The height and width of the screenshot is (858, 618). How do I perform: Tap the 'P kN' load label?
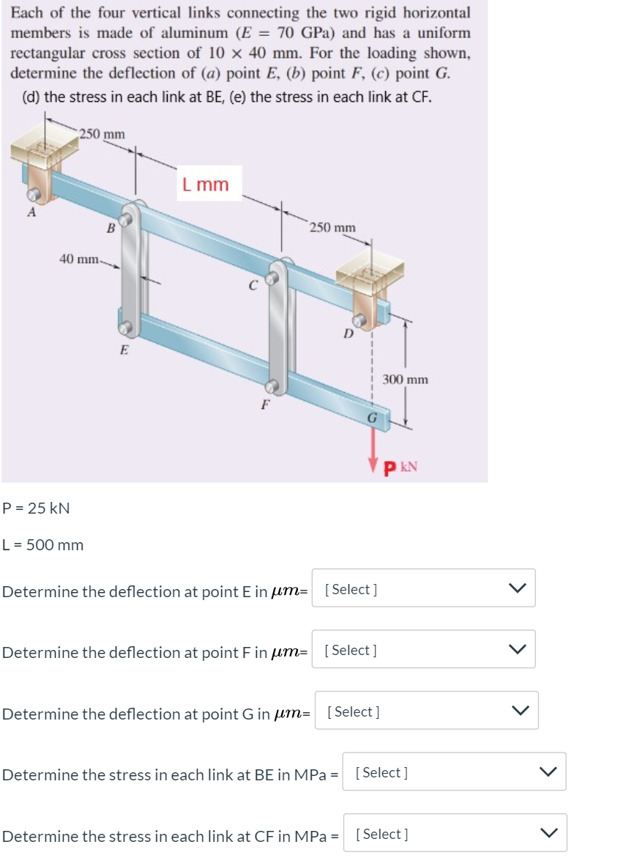click(401, 466)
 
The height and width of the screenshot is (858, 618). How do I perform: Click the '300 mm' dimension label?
click(405, 380)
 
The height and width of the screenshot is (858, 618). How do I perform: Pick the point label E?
click(124, 350)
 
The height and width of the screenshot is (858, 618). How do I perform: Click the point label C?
click(252, 286)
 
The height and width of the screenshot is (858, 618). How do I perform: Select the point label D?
click(349, 334)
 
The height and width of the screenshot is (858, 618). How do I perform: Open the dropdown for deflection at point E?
click(423, 588)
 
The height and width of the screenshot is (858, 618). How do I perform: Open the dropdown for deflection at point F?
click(423, 649)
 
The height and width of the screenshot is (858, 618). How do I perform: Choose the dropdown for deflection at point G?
click(426, 711)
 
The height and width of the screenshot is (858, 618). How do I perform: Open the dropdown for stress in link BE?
click(454, 772)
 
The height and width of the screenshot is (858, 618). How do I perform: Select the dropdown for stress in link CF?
click(454, 833)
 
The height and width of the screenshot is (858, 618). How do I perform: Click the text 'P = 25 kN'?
click(37, 508)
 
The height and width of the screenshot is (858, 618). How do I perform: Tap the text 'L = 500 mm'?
click(43, 545)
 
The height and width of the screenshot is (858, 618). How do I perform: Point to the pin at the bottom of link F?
click(272, 386)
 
